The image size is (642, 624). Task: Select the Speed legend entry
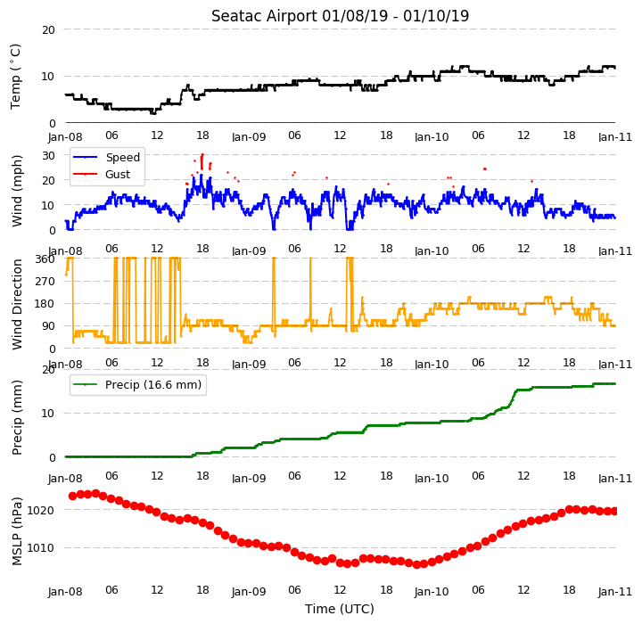123,157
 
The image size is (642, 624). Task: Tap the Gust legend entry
118,175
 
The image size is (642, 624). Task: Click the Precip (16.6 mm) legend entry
153,385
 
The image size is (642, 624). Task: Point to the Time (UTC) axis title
340,609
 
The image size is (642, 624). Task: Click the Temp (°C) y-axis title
15,77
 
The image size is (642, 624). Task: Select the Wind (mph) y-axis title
17,191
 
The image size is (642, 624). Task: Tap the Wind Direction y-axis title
17,304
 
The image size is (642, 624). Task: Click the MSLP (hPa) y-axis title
17,531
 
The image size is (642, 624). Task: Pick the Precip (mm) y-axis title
17,417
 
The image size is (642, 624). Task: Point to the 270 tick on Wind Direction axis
45,282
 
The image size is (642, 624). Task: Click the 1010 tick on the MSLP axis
40,548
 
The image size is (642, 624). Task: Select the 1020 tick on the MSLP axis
40,510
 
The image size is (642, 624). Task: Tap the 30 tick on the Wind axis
48,156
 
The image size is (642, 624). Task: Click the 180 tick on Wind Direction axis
45,304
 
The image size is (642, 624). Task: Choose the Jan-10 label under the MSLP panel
432,592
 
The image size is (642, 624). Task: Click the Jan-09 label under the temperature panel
249,136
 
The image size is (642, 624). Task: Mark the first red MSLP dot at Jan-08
73,497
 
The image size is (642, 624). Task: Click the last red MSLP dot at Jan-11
614,511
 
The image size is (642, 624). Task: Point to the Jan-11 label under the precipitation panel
615,478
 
